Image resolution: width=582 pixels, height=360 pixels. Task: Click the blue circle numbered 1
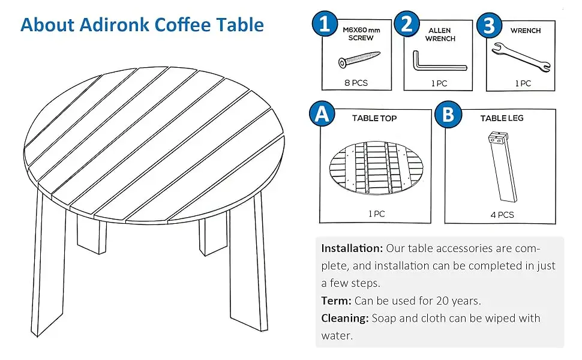point(325,24)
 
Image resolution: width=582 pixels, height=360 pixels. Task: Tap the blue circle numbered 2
point(407,24)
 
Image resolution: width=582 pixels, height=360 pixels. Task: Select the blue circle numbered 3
point(489,25)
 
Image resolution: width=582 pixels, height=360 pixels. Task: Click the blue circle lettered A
point(322,113)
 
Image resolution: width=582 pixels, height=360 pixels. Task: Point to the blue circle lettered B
point(448,115)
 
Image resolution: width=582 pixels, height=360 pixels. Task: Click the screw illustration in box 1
point(359,59)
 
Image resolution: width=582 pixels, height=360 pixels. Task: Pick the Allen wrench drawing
point(440,62)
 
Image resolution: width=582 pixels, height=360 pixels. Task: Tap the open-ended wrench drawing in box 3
point(521,57)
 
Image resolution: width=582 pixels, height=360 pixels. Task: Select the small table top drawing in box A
point(376,168)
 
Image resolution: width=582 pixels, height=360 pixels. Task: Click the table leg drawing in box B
point(503,167)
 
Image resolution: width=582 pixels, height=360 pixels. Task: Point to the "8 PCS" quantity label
point(356,83)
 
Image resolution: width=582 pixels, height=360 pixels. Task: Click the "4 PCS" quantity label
point(502,215)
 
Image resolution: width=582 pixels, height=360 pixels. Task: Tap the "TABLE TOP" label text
point(374,118)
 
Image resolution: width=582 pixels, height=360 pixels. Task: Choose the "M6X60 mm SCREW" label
point(361,34)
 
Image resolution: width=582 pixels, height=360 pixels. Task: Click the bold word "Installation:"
point(352,248)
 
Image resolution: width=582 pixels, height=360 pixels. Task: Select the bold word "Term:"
point(336,300)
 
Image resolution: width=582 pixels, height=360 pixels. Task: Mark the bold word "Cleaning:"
point(345,318)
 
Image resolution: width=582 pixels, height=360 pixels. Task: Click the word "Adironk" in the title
point(115,25)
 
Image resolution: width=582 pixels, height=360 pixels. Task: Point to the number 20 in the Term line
point(442,300)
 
